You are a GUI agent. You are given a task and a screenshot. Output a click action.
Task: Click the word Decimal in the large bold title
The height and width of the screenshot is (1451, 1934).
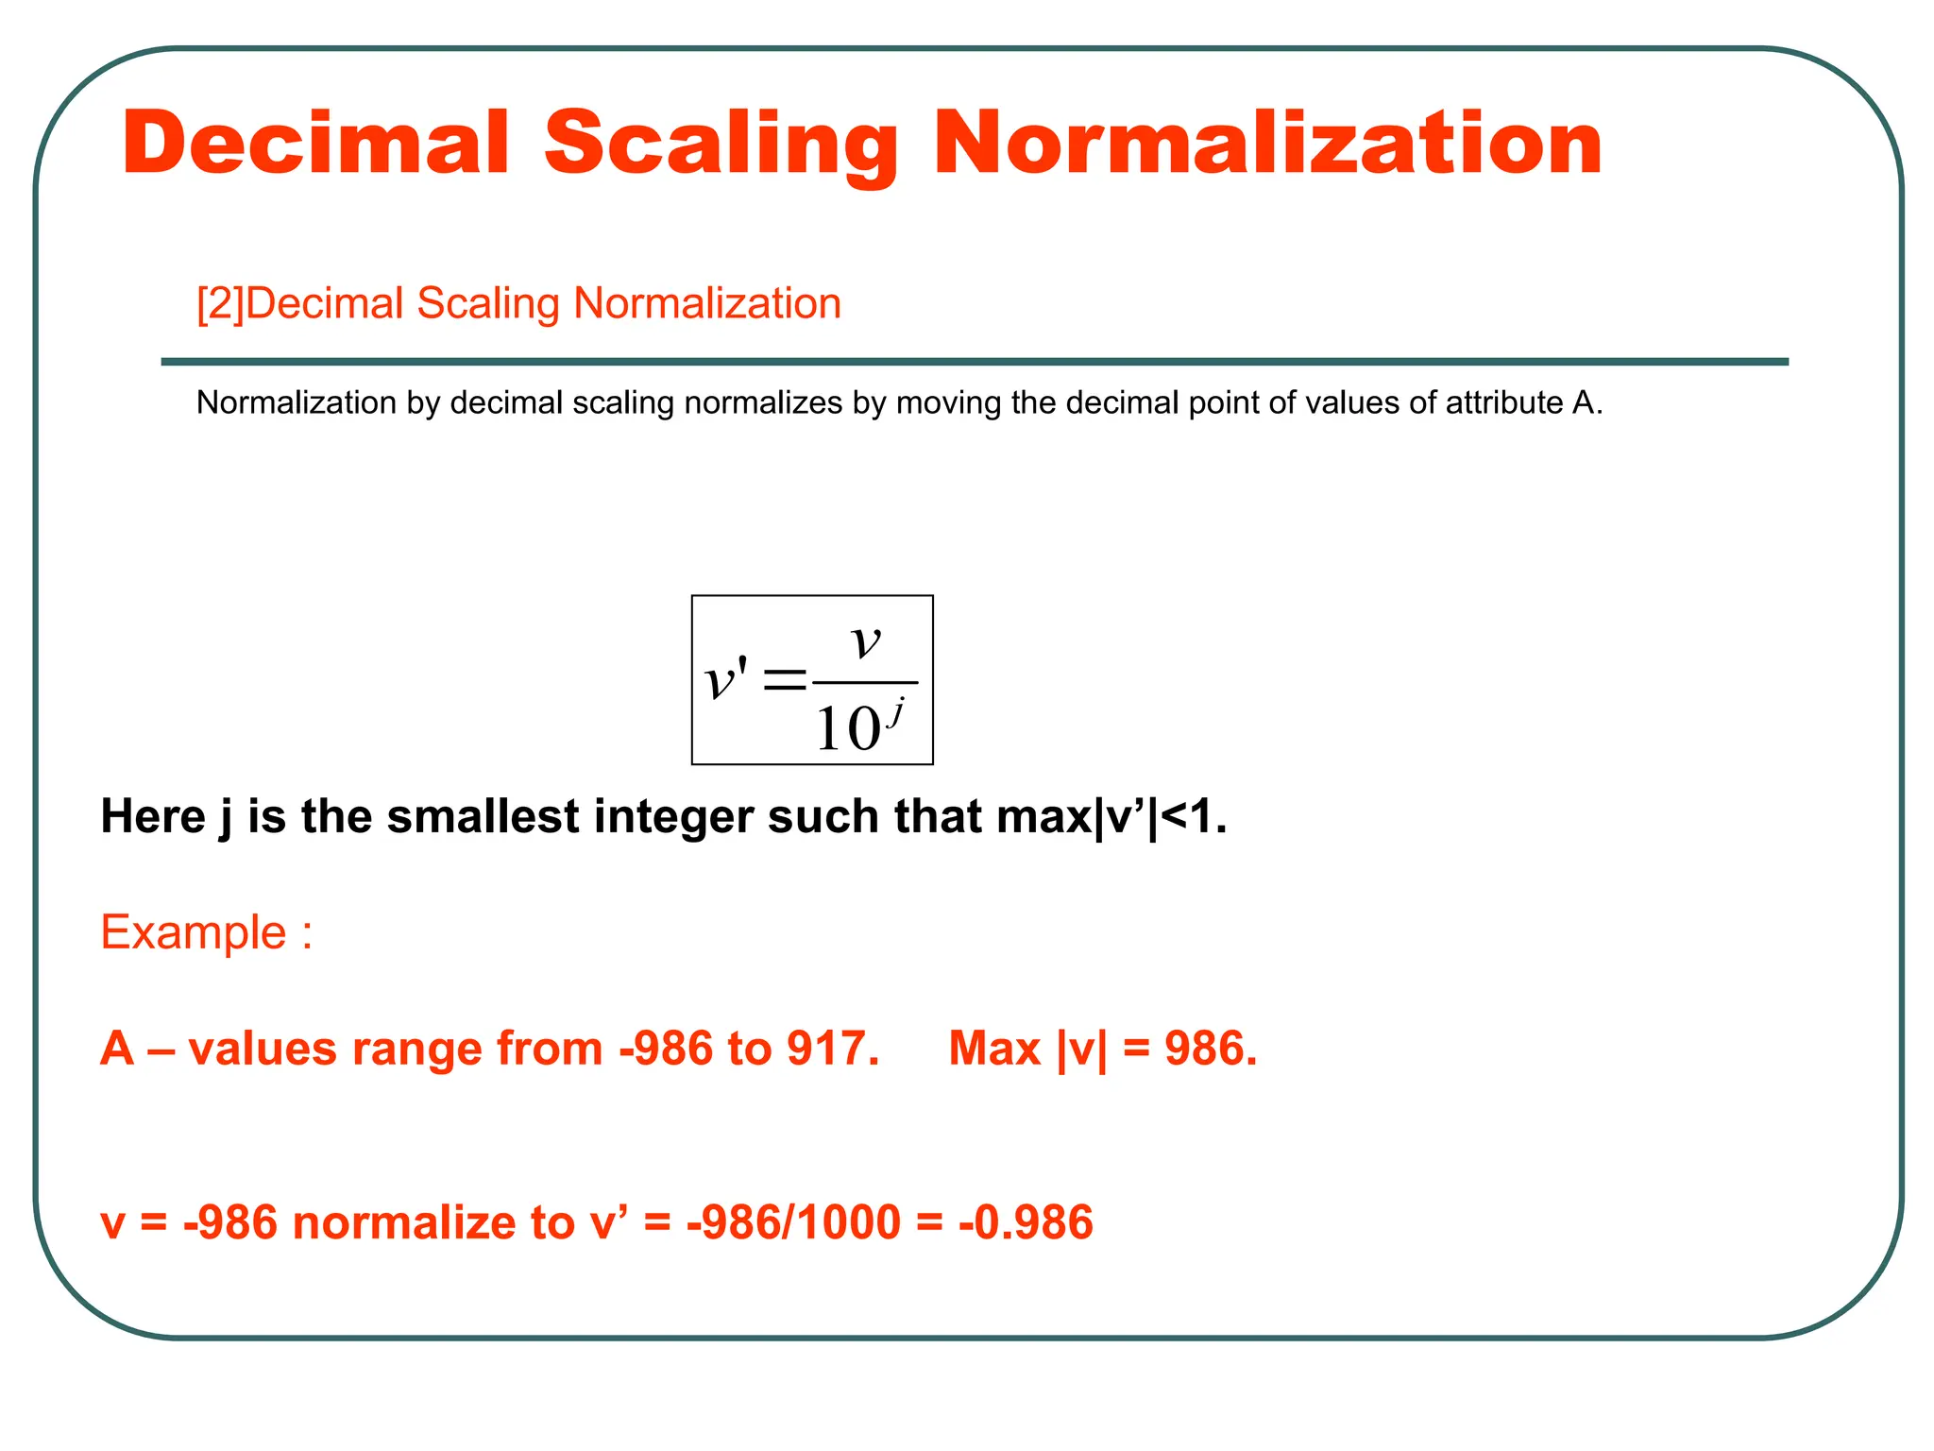coord(316,144)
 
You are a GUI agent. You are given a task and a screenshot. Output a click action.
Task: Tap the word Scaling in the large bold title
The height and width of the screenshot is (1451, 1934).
coord(721,144)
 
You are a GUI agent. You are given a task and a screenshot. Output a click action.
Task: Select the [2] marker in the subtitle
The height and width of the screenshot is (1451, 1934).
coord(220,304)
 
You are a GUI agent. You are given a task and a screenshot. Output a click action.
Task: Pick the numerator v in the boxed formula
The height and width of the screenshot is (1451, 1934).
coord(866,642)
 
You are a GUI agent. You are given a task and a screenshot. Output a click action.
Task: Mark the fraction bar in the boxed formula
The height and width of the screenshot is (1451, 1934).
coord(865,682)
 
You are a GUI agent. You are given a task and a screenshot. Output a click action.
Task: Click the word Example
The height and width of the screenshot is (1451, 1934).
coord(194,933)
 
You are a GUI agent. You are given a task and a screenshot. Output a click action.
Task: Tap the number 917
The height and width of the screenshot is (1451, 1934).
coord(832,1049)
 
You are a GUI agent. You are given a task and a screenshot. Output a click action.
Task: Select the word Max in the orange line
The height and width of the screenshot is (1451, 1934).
coord(994,1049)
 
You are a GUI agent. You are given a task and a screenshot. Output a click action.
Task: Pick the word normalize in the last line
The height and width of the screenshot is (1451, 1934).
coord(405,1222)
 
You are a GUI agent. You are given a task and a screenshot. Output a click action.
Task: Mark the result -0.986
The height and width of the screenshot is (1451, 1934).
coord(1026,1222)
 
